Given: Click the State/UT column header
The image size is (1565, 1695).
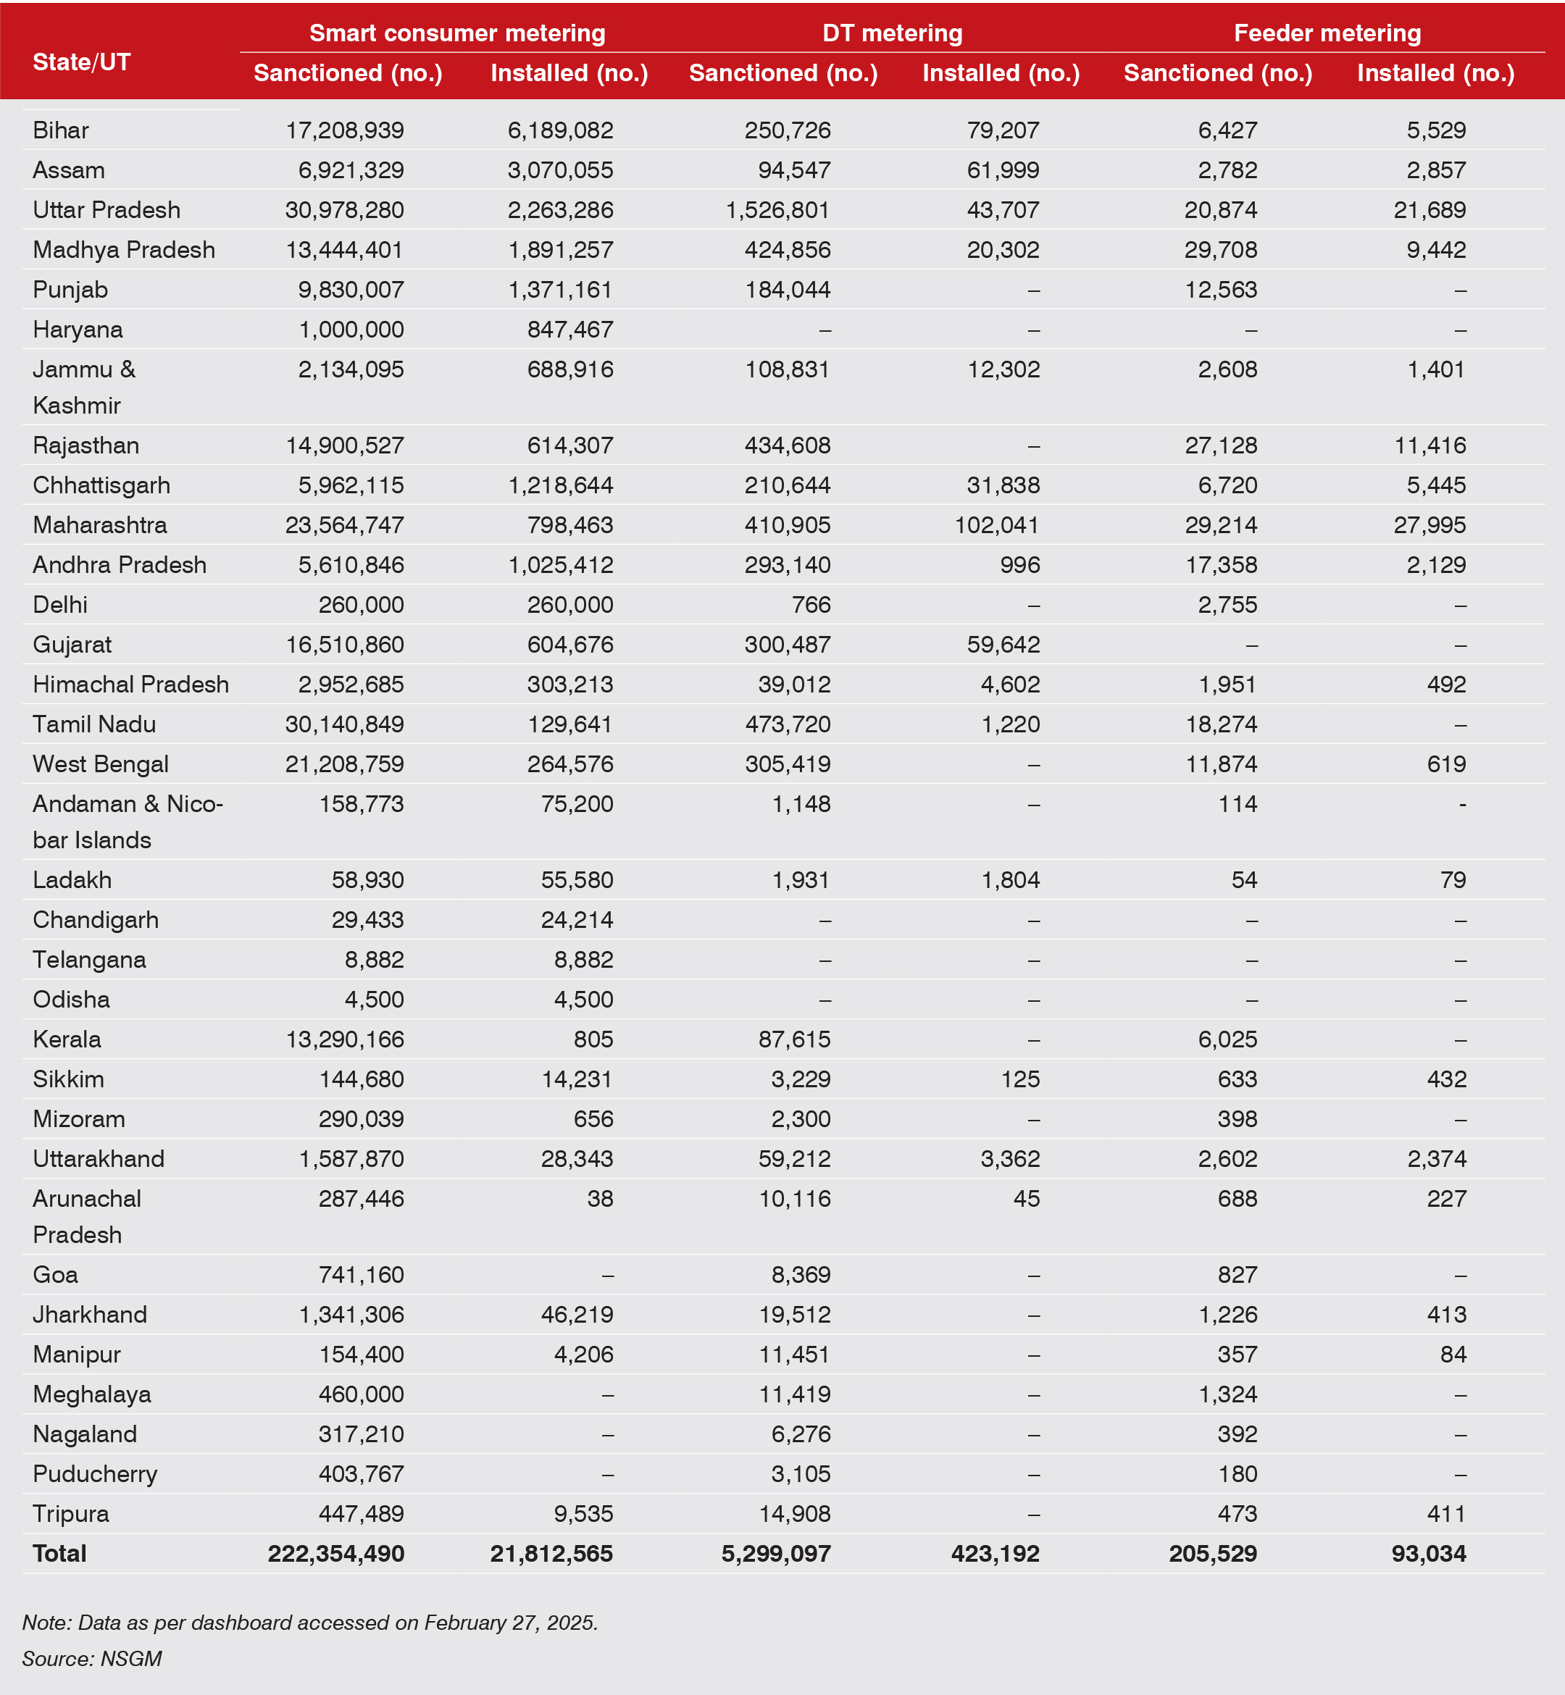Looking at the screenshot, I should (x=81, y=62).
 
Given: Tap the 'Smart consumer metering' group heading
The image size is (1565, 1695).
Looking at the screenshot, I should (x=457, y=33).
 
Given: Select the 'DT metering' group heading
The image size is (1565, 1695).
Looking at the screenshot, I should (x=893, y=33).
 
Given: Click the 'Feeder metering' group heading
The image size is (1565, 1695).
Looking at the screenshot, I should (x=1327, y=33).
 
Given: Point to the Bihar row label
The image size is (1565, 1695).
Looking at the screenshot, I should (x=61, y=130).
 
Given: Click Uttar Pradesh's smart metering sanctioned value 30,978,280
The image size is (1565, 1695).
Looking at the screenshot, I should (x=345, y=210).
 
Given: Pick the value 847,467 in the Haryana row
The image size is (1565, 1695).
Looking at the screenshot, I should (x=570, y=330).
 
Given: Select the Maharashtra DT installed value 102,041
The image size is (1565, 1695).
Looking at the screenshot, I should (x=997, y=525).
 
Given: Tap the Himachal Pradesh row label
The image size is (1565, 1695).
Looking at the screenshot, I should (x=130, y=684).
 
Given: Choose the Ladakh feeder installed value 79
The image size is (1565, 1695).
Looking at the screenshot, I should (x=1453, y=879).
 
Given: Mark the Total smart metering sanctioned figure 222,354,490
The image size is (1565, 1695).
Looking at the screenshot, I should (x=336, y=1554).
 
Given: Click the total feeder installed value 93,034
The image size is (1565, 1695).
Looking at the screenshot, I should (x=1429, y=1554).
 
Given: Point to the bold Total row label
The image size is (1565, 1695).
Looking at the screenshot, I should (x=60, y=1554).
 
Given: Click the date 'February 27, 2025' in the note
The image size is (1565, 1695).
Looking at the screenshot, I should (x=510, y=1622).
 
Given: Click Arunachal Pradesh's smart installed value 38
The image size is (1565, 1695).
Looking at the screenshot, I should (x=600, y=1199).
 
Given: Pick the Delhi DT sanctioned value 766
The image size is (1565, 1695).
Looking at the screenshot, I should (x=811, y=605).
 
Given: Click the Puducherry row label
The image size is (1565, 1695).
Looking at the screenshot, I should (x=95, y=1474).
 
